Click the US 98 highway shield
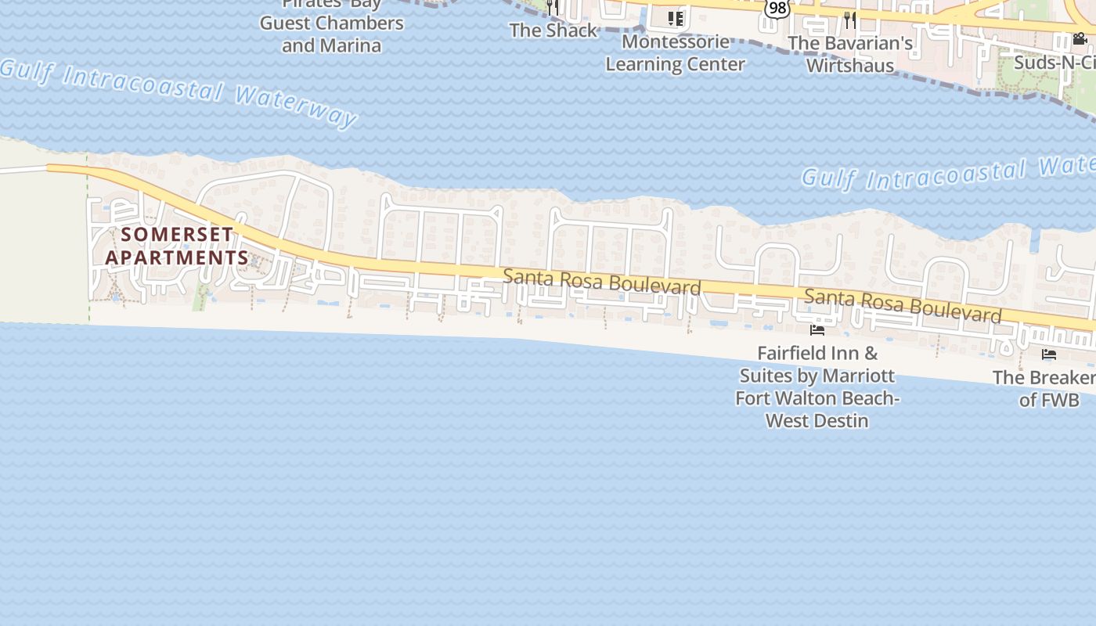(776, 8)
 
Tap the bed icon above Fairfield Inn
(817, 329)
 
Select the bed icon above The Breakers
(1049, 354)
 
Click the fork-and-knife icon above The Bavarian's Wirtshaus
(850, 19)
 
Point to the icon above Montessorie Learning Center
(676, 18)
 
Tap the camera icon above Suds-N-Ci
(1080, 38)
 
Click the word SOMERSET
(177, 234)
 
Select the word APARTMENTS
(177, 257)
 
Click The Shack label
(553, 31)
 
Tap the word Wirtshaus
(850, 65)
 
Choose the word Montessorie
(676, 41)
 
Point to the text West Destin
(817, 420)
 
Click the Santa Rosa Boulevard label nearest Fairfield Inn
(903, 306)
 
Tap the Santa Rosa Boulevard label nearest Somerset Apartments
(601, 282)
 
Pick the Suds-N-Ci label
(1054, 62)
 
